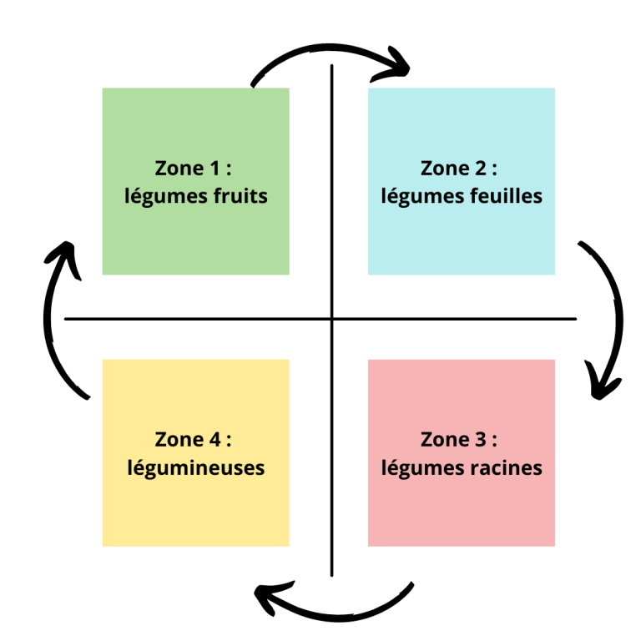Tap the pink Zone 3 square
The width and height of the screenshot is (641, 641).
tap(461, 509)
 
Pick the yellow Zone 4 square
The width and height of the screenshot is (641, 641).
tap(195, 509)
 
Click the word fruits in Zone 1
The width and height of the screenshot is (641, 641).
tap(239, 196)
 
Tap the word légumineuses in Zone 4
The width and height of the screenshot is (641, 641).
tap(196, 467)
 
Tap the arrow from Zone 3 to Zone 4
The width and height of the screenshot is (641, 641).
tap(334, 613)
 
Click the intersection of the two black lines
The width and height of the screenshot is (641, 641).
tap(332, 319)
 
